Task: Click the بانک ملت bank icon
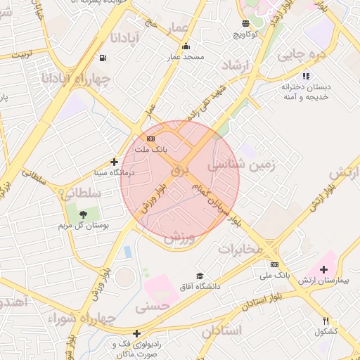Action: (x=150, y=139)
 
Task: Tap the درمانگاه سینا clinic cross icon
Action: (x=114, y=162)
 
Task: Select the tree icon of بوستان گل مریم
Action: (x=83, y=214)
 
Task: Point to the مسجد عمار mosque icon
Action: (x=186, y=46)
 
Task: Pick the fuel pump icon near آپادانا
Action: (x=104, y=58)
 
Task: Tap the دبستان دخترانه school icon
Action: (x=305, y=76)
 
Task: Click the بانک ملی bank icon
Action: (x=274, y=264)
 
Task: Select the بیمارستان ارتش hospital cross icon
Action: (x=323, y=269)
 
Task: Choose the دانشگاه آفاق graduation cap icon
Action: (x=200, y=276)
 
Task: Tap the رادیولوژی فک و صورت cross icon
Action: (x=136, y=333)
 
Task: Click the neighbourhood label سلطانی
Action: (x=82, y=193)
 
